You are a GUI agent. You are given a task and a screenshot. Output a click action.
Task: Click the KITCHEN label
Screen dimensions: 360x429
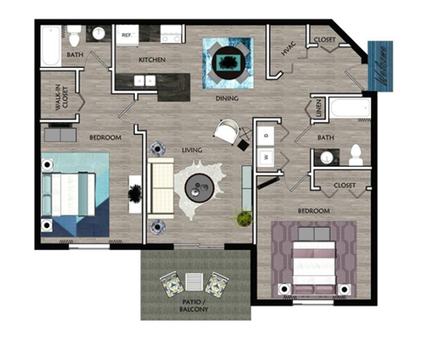coord(151,60)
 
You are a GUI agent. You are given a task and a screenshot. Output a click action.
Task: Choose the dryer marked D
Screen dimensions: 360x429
coord(266,135)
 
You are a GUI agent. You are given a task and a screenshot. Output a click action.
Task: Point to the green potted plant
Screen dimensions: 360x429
coord(242,217)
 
